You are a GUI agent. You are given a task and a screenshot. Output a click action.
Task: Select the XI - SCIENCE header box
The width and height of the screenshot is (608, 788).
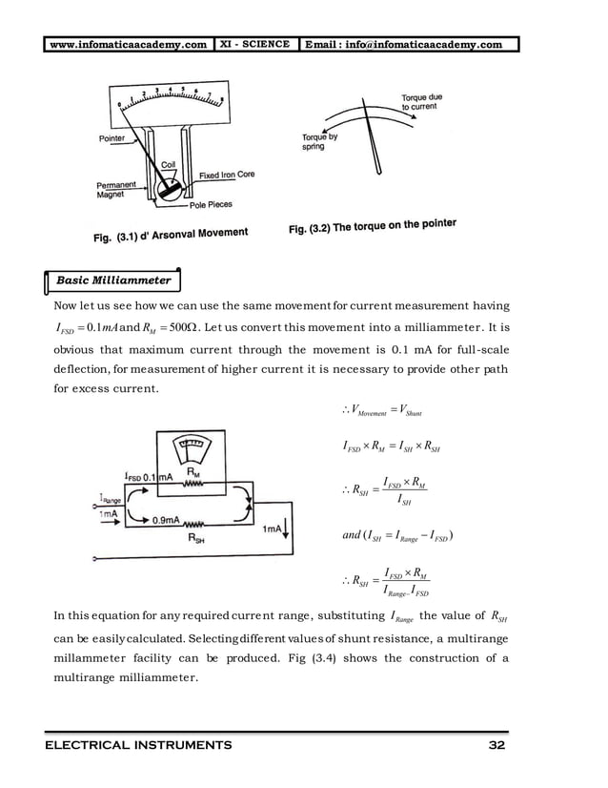click(x=255, y=44)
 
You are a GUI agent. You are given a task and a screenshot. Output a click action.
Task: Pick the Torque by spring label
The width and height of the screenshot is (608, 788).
click(x=319, y=142)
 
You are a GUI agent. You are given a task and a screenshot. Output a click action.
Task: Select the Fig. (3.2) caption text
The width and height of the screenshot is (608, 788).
click(x=372, y=227)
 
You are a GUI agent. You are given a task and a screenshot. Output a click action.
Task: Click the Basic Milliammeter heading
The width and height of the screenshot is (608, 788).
click(x=114, y=280)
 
